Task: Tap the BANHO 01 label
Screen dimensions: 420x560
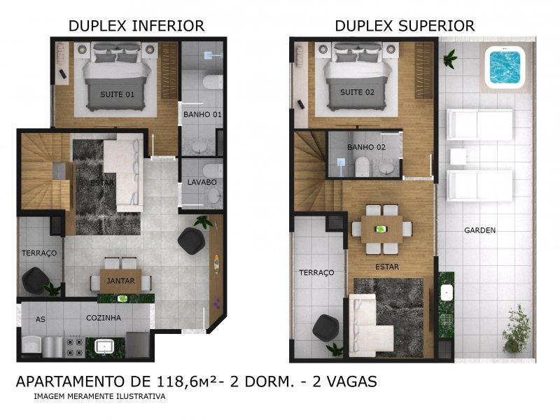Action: coord(202,114)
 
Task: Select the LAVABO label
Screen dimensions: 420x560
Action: coord(202,182)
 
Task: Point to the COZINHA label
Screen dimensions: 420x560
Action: coord(104,318)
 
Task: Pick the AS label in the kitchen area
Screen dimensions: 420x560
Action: coord(41,319)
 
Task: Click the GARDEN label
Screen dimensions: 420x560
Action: coord(480,230)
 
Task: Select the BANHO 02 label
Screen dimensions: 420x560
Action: coord(366,147)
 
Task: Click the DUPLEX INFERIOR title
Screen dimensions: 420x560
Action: coord(136,26)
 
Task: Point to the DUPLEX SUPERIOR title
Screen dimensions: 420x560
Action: coord(405,26)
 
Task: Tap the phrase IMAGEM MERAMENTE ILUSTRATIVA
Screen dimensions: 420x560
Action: coord(99,397)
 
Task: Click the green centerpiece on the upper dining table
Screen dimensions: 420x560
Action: coord(381,228)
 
